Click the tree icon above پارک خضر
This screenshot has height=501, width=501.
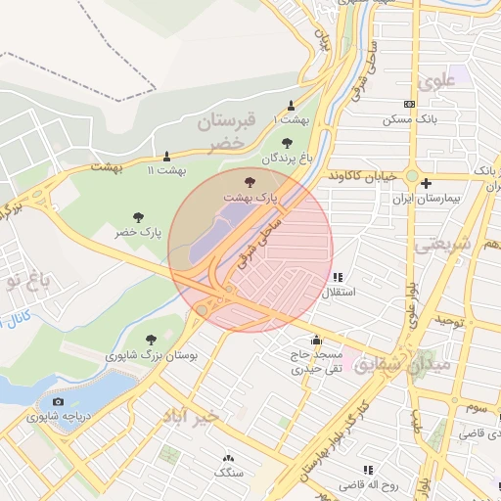point(137,216)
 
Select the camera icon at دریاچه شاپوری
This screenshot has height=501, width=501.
point(58,401)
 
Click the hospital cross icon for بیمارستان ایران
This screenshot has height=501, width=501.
point(426,183)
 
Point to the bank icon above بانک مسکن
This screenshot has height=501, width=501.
point(409,105)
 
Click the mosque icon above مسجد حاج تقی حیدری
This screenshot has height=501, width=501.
point(315,340)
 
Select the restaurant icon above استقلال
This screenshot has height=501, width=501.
point(339,278)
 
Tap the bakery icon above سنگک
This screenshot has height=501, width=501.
point(228,458)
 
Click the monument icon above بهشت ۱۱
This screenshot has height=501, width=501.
point(166,156)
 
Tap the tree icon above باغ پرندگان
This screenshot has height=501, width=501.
point(288,142)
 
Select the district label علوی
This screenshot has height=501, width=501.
point(436,82)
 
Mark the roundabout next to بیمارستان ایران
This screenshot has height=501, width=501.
point(413,177)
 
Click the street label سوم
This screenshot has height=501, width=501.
point(477,405)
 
